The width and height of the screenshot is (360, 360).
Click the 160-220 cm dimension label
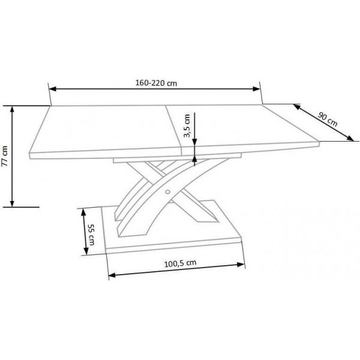coord(155,83)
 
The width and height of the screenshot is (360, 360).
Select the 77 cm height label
coord(5,155)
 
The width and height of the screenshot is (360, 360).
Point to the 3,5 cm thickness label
coord(187,127)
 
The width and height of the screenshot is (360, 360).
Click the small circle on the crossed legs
coord(168,193)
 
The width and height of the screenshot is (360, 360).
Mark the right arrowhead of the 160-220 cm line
coord(259,89)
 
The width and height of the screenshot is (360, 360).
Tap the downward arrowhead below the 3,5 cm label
coord(194,143)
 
